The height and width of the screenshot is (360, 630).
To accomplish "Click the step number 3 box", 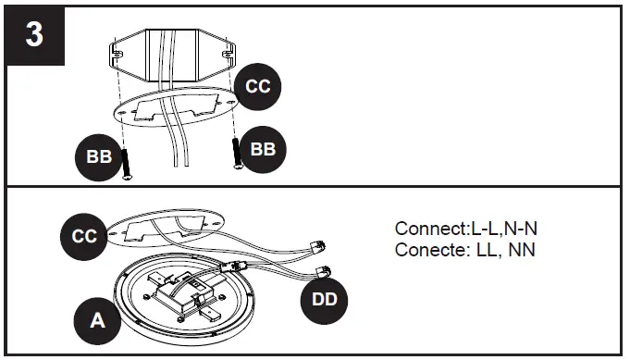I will click(x=34, y=36).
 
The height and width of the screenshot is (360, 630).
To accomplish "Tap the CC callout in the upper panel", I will click(x=257, y=86).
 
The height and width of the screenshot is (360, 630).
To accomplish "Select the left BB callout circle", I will click(x=99, y=156).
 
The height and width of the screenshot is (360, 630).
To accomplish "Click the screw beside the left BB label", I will click(x=126, y=161).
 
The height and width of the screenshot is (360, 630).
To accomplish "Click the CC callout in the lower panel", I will click(x=85, y=236).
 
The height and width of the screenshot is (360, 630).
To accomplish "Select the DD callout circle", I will click(x=325, y=299).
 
